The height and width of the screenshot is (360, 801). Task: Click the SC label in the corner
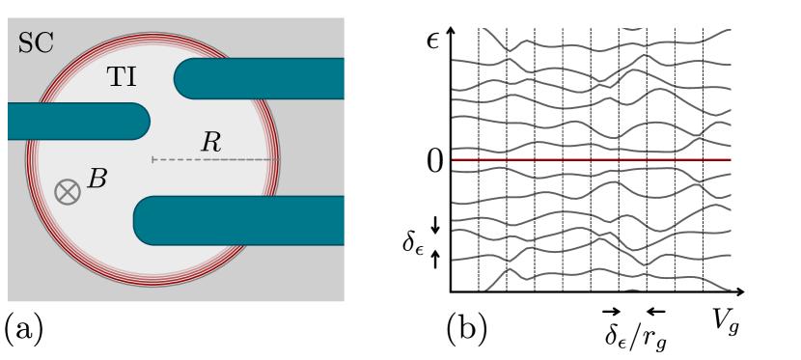tap(36, 43)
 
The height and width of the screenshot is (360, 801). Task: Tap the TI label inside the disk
tap(122, 77)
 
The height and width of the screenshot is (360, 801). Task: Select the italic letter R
tap(211, 143)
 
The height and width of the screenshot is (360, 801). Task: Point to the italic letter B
tap(97, 180)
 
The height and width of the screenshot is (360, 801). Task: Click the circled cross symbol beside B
tap(68, 192)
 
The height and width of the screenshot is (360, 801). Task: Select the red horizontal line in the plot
tap(591, 159)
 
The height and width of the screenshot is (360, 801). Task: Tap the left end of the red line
tap(454, 159)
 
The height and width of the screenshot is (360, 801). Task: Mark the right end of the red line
tap(730, 159)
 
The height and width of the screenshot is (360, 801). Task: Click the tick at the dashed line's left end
tap(152, 159)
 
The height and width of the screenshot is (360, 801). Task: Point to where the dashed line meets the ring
tap(276, 159)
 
